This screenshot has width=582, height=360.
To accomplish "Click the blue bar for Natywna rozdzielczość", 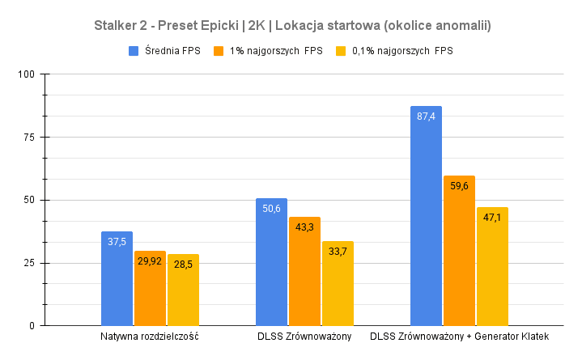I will click(117, 279).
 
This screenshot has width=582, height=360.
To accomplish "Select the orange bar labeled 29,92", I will click(150, 289).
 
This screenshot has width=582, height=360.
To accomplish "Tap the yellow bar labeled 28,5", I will click(183, 290).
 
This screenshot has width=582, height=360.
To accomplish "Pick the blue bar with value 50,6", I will click(271, 262).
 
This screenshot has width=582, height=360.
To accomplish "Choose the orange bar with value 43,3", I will click(304, 272).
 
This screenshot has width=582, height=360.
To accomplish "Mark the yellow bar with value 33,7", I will click(338, 284).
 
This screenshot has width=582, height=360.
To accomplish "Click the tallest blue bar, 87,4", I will click(426, 216).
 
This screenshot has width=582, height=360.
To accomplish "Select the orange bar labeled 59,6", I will click(459, 251).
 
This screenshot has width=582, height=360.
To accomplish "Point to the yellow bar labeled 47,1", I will click(492, 267).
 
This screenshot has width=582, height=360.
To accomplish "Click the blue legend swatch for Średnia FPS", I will click(134, 51).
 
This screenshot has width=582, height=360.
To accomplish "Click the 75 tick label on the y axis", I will click(31, 138).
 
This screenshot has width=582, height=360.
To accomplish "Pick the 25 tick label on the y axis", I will click(31, 263).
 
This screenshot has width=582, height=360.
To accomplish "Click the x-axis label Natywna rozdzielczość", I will click(150, 337).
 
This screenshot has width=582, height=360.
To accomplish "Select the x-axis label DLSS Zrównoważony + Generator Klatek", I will click(459, 337).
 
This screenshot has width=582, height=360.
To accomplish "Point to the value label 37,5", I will click(117, 242).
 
